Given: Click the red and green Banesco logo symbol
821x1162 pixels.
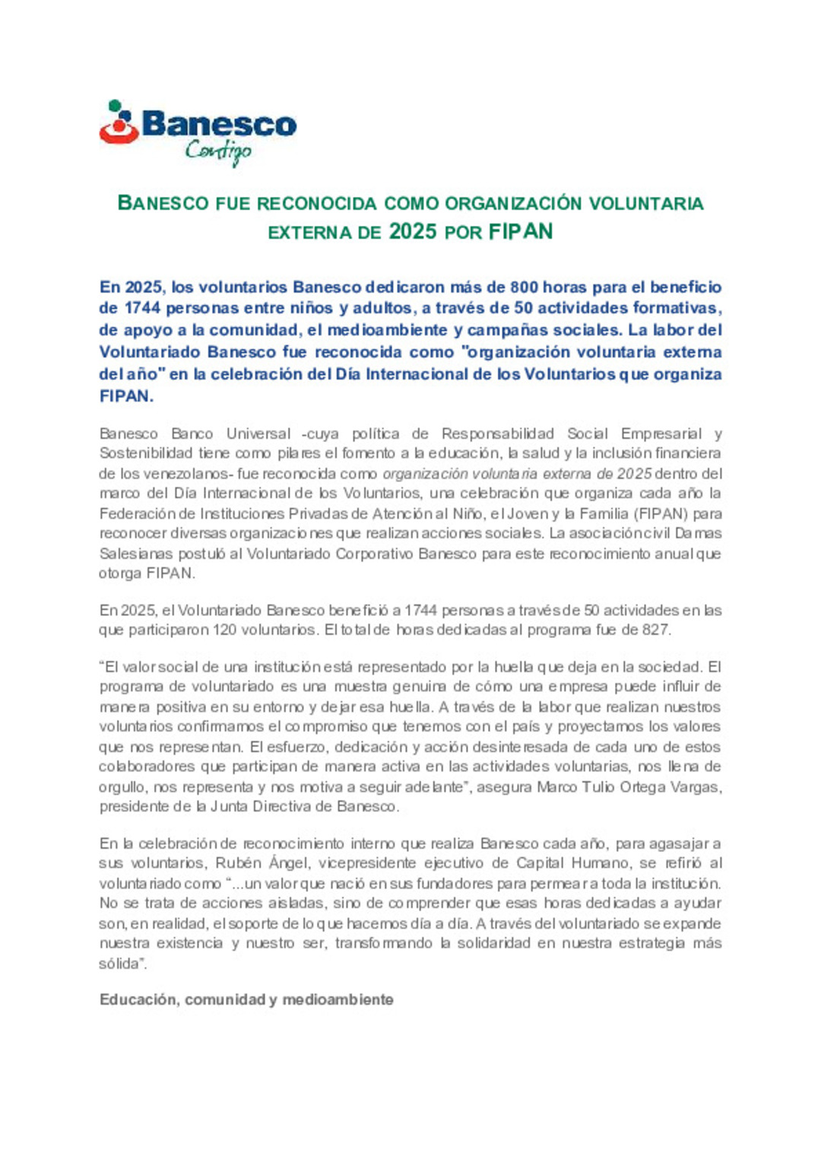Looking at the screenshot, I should [x=119, y=122].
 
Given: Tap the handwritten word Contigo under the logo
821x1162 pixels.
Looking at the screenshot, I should [x=218, y=151].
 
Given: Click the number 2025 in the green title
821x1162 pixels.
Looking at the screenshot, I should [x=413, y=231].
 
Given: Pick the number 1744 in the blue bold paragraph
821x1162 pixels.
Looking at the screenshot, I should [x=141, y=308].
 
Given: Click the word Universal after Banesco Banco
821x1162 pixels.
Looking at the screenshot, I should [x=258, y=433].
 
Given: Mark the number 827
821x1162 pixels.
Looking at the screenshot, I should [x=655, y=630].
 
